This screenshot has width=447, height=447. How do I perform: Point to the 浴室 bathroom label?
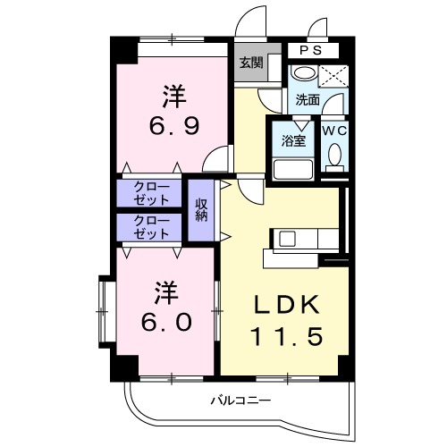[x=294, y=139]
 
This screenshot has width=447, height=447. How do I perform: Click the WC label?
[x=336, y=130]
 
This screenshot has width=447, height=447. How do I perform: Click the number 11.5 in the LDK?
[x=286, y=338]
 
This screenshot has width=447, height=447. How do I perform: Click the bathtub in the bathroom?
[x=292, y=168]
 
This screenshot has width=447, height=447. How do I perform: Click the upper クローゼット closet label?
[x=150, y=192]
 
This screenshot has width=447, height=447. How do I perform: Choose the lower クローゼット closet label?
[x=150, y=226]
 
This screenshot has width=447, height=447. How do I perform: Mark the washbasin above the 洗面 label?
[x=304, y=75]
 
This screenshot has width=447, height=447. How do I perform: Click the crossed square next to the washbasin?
[x=334, y=76]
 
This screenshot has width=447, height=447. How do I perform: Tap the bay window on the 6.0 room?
[x=103, y=312]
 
